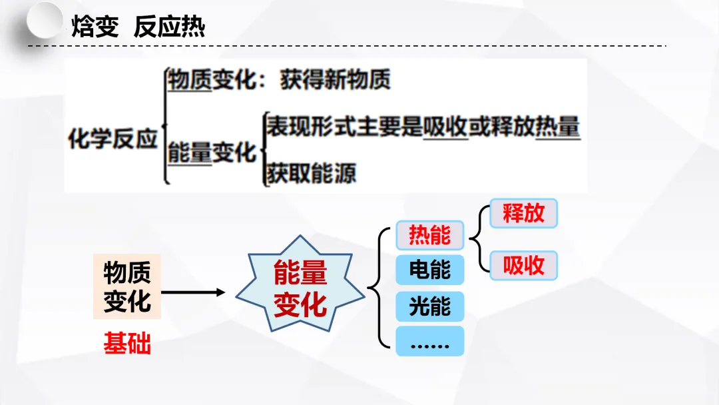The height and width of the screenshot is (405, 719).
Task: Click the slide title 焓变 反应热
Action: [x=138, y=27]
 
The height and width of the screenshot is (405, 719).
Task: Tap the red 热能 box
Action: [x=429, y=235]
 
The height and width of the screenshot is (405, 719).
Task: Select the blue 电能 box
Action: [x=429, y=270]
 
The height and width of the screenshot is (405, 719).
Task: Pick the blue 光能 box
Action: [x=429, y=306]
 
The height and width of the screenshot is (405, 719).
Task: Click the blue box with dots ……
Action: [x=429, y=342]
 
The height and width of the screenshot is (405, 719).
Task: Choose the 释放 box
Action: [x=523, y=213]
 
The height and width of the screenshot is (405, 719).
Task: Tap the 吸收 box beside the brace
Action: [x=523, y=266]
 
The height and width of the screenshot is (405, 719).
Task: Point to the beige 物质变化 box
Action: [x=126, y=287]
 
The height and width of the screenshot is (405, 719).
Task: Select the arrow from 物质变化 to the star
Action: [x=193, y=292]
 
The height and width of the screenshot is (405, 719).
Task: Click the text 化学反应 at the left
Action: [x=113, y=139]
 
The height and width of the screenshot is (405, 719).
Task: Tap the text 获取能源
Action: [x=311, y=173]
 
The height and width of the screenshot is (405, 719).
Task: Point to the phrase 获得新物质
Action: [x=335, y=80]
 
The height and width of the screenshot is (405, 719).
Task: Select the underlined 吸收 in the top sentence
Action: [x=445, y=126]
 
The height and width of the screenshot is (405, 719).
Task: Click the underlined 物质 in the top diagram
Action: [x=190, y=80]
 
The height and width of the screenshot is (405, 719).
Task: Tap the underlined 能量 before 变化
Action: [x=190, y=153]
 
